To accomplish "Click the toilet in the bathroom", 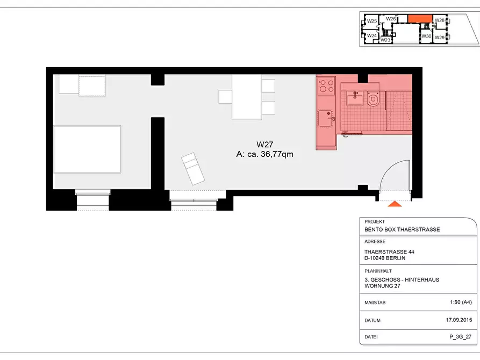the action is pos(373,98).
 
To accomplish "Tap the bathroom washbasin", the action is pos(355,98).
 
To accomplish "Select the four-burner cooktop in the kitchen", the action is pos(326,86).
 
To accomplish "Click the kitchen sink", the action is pos(326,118).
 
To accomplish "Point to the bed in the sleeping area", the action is pos(87,149).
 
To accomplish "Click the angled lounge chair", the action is pos(193,169).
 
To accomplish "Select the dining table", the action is pos(247,97).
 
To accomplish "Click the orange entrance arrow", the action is pos(395,204).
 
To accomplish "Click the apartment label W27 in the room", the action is pos(265,144).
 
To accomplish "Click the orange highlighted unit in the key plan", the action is pos(420,18).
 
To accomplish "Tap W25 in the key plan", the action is pos(372,21).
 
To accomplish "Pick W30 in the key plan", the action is pos(426,36).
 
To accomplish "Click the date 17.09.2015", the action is pos(459,320).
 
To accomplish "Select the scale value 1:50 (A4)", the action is pos(461,302).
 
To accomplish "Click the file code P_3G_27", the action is pos(461,337).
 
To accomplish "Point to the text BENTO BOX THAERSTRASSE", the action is pos(402,229).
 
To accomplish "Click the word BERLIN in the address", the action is pos(395,258).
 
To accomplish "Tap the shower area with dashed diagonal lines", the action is pos(399,111).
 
